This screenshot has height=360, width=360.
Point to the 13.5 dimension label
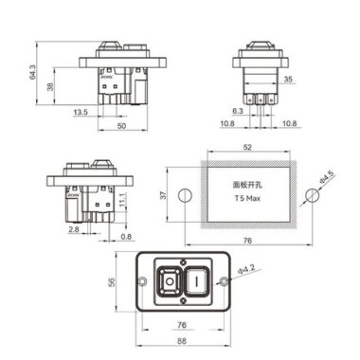pos(81,112)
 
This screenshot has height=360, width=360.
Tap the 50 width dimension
pos(121,125)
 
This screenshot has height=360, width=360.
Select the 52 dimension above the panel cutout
pos(247,147)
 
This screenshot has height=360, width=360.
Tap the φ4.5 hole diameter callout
pos(325,177)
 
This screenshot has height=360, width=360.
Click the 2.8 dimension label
pos(73,229)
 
